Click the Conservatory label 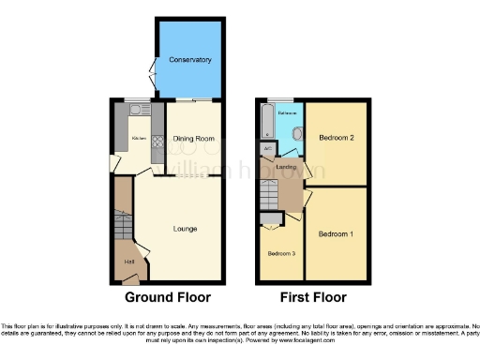point(189,60)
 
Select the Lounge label point(184,228)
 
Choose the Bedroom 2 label point(336,137)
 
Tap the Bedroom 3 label point(280,254)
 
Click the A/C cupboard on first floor point(269,149)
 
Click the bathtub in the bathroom point(268,123)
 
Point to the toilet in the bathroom point(296,134)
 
